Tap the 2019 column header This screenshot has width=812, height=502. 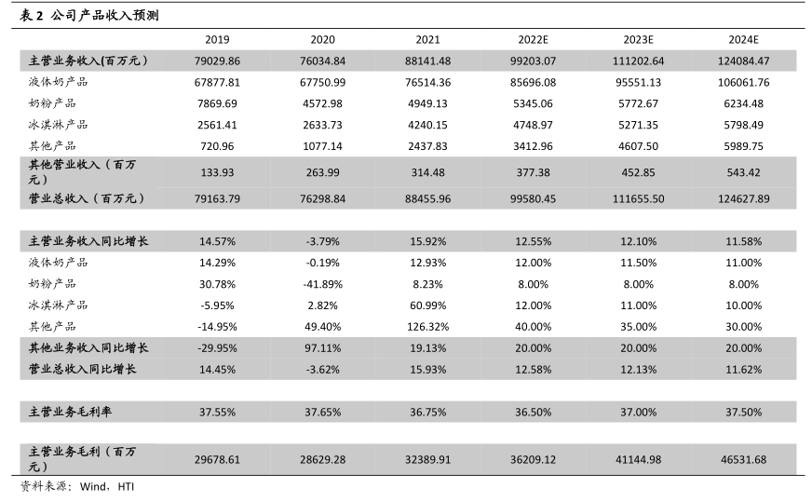(217, 40)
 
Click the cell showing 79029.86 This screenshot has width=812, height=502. (217, 61)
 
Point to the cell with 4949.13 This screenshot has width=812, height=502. (428, 103)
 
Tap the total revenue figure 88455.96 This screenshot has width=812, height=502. (428, 198)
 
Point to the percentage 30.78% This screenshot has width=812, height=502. (217, 284)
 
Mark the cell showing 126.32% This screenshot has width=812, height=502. (428, 327)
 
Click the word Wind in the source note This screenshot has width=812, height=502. (93, 487)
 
